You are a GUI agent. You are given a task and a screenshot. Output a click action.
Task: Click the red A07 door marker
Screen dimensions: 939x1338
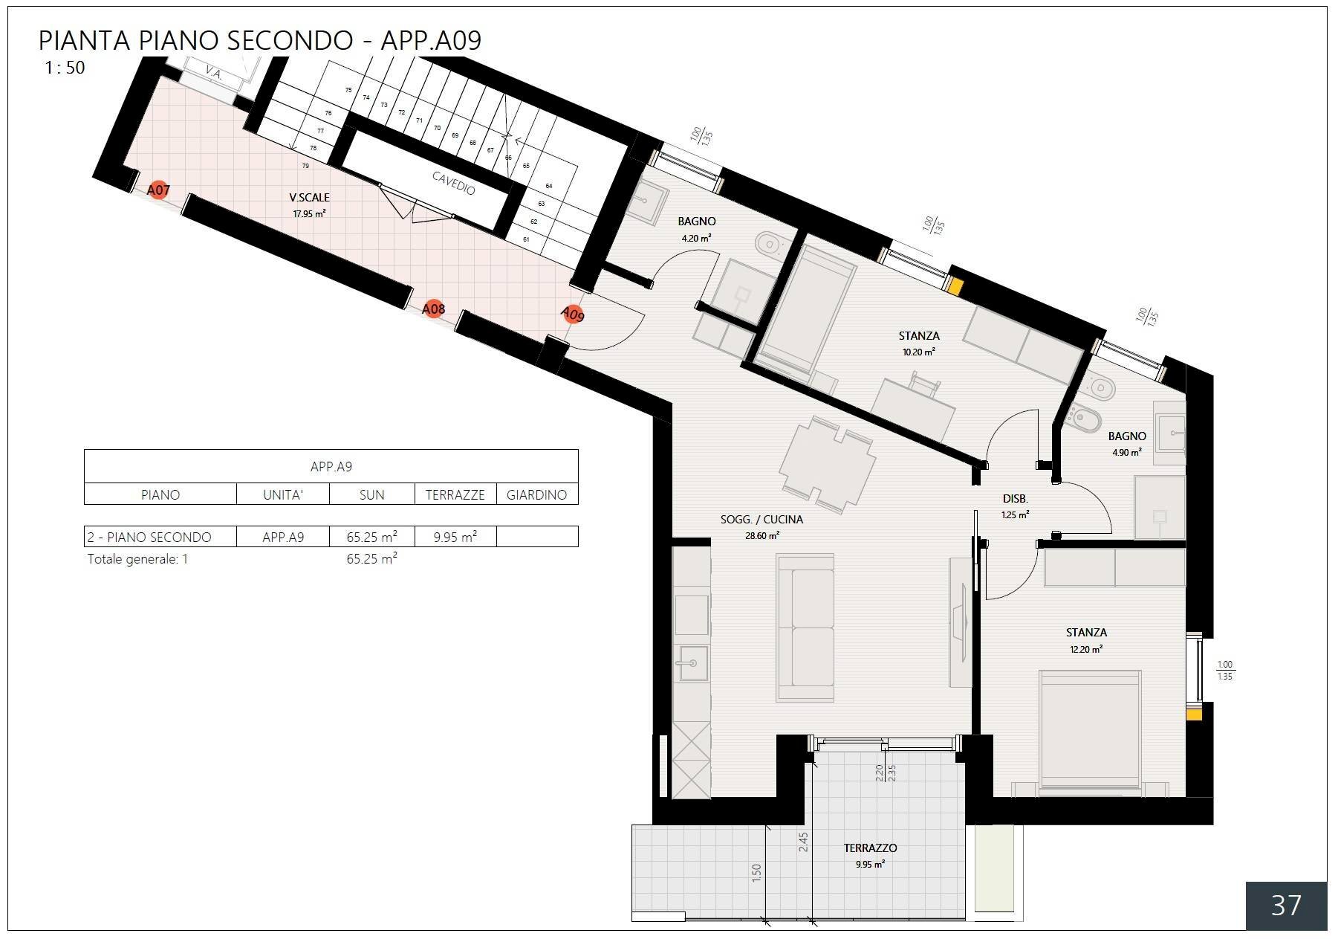point(158,190)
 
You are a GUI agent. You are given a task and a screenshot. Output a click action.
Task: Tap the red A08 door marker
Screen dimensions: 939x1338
point(433,309)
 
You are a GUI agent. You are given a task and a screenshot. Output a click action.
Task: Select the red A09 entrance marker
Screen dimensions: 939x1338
point(572,314)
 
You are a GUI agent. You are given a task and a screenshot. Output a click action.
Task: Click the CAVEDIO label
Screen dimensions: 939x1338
point(453,183)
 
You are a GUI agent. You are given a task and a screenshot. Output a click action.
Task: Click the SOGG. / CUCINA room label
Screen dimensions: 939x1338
point(761,526)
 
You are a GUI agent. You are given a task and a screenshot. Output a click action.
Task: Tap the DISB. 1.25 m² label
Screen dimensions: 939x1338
point(1014,506)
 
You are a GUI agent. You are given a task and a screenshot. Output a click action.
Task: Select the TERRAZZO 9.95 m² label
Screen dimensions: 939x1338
point(869,855)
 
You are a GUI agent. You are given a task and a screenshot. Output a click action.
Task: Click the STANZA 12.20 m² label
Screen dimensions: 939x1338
point(1086,639)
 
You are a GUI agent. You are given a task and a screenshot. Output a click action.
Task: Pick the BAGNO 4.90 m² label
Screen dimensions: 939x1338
point(1126,443)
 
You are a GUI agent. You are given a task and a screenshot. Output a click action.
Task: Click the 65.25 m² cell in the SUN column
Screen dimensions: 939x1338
point(371,537)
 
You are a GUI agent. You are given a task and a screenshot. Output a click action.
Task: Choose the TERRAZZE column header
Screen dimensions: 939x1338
point(455,494)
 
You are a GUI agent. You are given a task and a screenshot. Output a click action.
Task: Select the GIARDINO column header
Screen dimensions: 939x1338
point(536,494)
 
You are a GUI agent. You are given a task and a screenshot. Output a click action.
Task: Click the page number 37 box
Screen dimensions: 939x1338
point(1285,905)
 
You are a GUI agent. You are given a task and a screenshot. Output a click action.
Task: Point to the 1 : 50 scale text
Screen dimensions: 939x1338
point(65,68)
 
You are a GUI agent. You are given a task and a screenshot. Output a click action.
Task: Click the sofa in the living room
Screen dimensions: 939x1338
point(805,627)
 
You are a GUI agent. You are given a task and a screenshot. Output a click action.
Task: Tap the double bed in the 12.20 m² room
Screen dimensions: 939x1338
point(1090,729)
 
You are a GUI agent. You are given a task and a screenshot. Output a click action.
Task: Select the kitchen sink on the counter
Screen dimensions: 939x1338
point(692,662)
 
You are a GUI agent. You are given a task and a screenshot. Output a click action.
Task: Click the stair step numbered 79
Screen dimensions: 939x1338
point(305,166)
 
